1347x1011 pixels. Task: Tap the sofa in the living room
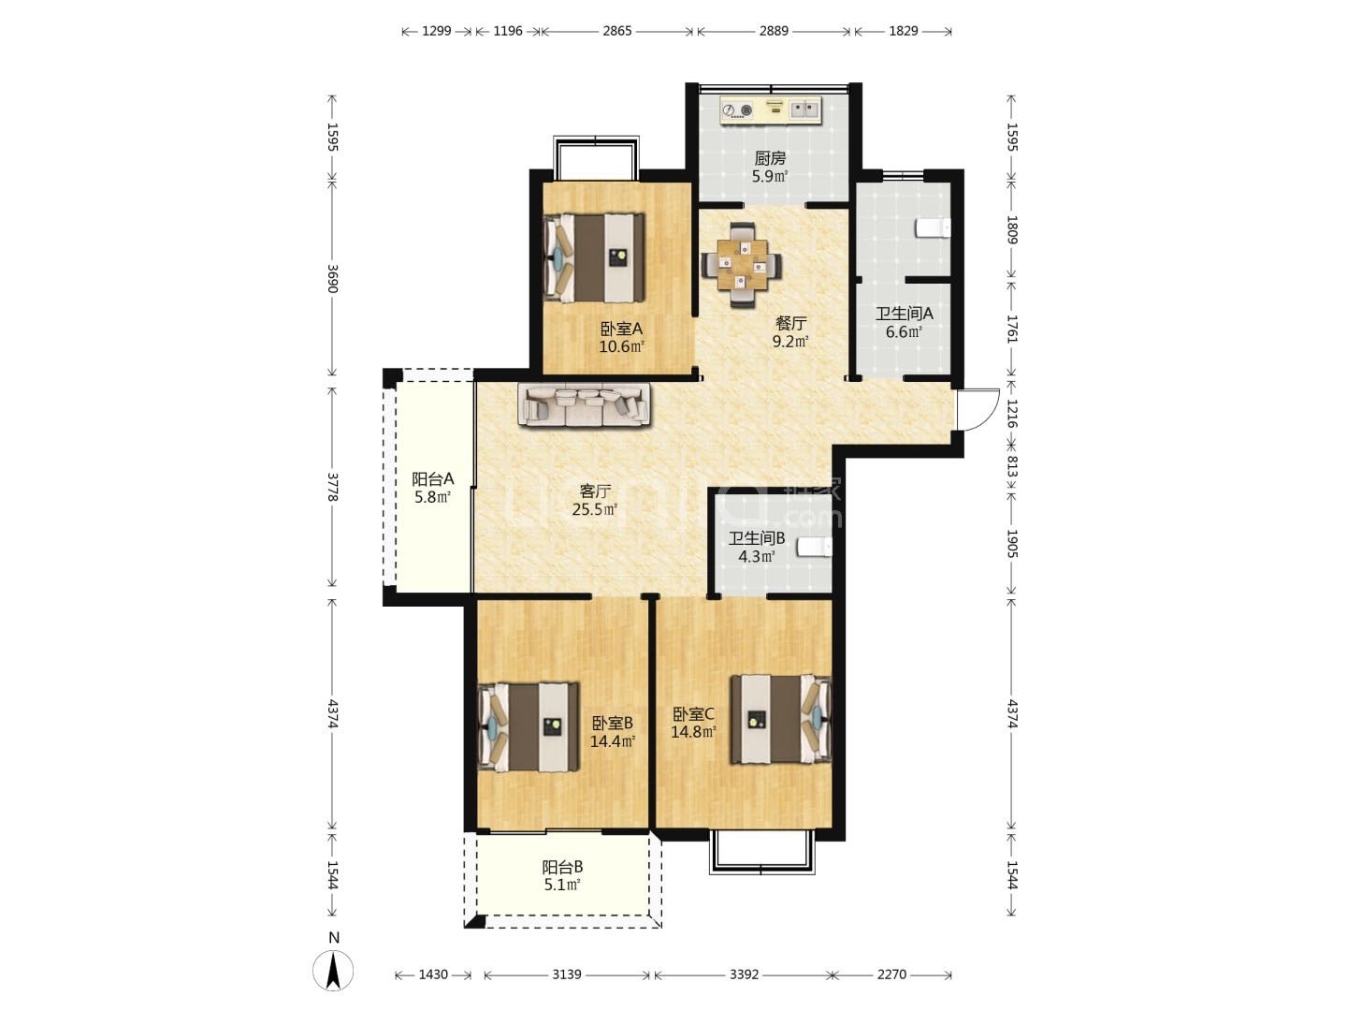point(584,403)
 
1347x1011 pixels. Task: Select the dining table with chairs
point(741,265)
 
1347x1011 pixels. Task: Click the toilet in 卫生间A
point(933,228)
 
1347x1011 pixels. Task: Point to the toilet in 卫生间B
point(815,547)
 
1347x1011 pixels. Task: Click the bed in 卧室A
point(594,257)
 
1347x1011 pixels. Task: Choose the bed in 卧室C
point(781,720)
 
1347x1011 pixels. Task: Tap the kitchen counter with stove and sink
point(771,110)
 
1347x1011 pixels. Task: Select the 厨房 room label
point(770,159)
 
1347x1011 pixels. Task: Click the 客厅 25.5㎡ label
point(595,500)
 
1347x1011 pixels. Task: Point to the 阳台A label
point(433,478)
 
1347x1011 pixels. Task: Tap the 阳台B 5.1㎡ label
point(562,876)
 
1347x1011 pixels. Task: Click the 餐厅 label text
point(791,323)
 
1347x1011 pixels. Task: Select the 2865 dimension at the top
point(616,31)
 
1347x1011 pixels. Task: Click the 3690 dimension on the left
point(332,279)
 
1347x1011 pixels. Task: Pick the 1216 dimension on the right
point(1012,414)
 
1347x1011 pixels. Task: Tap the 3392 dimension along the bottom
point(744,974)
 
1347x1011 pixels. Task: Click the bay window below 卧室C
point(762,851)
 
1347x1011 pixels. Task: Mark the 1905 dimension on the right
point(1012,544)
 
